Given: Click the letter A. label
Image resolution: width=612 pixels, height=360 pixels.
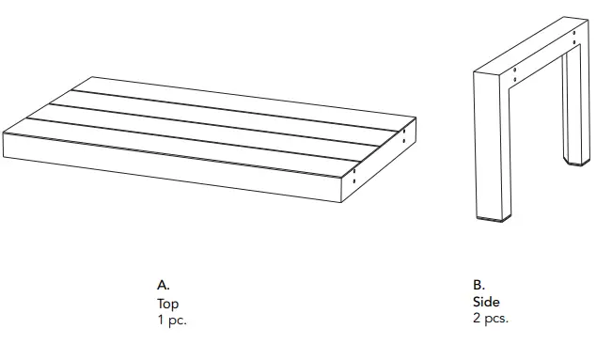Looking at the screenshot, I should tap(163, 283).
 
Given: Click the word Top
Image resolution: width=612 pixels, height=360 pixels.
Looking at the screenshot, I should tap(167, 304).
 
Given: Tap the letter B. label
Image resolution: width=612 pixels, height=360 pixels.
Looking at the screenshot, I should tap(479, 283).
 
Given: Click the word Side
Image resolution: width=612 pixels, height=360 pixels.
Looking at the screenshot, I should tap(486, 302).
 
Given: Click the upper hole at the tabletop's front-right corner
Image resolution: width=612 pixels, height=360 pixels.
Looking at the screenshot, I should tap(354, 172).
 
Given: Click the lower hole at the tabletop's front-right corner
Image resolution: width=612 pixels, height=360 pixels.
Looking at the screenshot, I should tap(354, 182).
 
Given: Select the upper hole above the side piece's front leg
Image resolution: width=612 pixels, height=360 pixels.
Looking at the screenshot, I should tap(514, 69).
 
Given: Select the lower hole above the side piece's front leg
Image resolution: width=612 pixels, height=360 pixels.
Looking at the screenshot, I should tap(514, 79).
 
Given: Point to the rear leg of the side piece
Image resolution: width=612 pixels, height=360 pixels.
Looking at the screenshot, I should tap(571, 113).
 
